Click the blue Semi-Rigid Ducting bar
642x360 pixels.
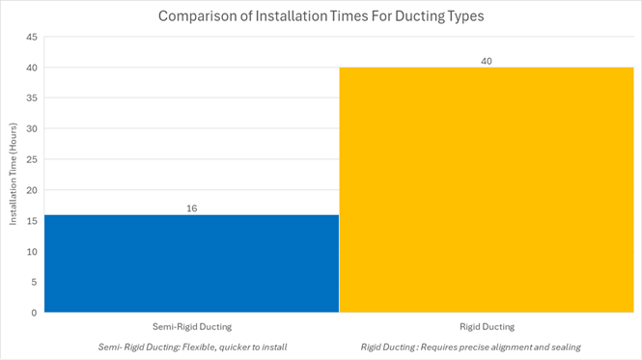[x=191, y=263]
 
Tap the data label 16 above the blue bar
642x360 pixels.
[x=191, y=208]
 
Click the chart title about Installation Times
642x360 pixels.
[x=321, y=16]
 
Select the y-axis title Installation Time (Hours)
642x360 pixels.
[x=14, y=174]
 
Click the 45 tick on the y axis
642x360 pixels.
[x=32, y=37]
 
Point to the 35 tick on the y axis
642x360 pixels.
[x=32, y=98]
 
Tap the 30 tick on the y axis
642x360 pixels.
[x=32, y=129]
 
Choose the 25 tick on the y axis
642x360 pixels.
[x=32, y=159]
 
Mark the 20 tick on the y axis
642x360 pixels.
[x=32, y=190]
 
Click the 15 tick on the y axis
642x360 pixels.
[x=32, y=221]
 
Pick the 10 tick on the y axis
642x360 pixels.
[x=32, y=252]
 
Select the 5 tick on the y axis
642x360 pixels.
[x=34, y=282]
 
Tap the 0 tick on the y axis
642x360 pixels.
[x=34, y=313]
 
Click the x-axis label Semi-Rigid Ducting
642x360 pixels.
[x=191, y=326]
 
